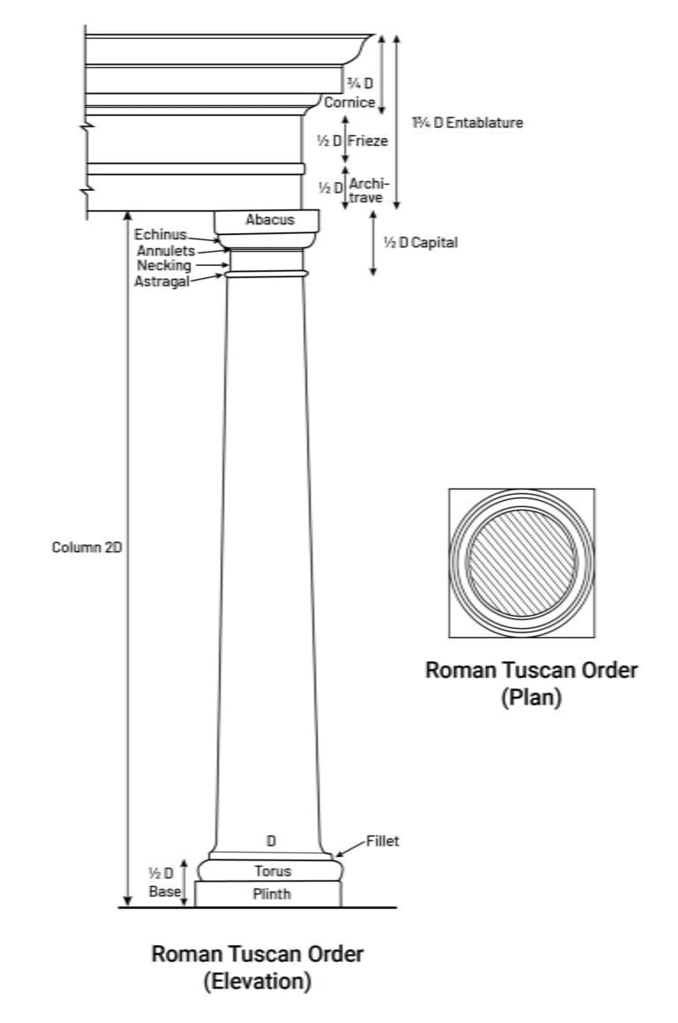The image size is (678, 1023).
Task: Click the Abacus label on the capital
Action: click(269, 219)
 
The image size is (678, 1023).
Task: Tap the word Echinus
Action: click(161, 234)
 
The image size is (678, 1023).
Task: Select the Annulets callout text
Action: click(165, 251)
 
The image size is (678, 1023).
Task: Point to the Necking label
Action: click(163, 265)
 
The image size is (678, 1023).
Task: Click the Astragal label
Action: click(162, 281)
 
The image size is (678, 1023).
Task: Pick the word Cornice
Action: click(350, 102)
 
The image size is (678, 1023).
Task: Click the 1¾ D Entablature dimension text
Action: click(467, 123)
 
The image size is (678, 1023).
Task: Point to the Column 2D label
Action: click(87, 547)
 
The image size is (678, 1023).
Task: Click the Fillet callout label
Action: click(382, 841)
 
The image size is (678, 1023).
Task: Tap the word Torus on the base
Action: click(272, 871)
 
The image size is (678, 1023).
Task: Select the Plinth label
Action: click(271, 894)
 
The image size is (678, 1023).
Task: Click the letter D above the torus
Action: click(271, 840)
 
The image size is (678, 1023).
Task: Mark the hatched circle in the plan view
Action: click(521, 563)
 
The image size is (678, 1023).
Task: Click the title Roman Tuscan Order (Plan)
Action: click(531, 683)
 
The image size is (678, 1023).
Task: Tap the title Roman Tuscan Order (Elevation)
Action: click(257, 967)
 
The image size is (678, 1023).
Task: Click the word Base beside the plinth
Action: click(164, 891)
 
